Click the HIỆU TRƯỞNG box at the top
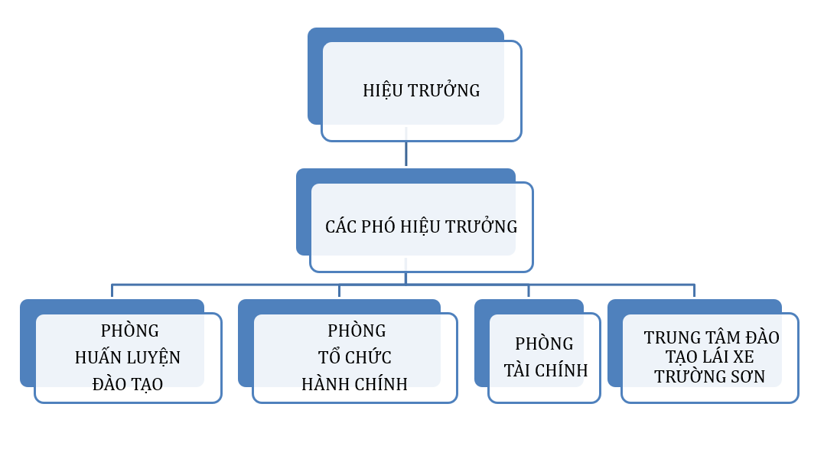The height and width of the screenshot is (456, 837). [x=421, y=90]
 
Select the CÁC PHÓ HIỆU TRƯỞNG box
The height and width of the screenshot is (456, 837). [x=421, y=226]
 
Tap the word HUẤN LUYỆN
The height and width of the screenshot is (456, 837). [x=128, y=357]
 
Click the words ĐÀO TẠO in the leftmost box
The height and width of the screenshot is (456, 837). [x=128, y=384]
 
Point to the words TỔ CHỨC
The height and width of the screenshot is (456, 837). [x=355, y=357]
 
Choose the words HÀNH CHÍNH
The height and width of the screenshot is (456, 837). [x=355, y=384]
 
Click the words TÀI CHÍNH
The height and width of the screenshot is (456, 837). [x=546, y=370]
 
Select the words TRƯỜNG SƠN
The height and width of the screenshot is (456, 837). [x=710, y=376]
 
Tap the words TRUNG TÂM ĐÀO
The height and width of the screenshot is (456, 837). [x=712, y=337]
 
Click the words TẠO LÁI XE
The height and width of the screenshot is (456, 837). [x=710, y=357]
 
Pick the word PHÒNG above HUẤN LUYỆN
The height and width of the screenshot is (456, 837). [x=130, y=331]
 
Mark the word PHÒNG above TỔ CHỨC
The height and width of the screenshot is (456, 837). [x=357, y=331]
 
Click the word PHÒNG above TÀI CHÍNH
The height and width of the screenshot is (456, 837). [x=544, y=344]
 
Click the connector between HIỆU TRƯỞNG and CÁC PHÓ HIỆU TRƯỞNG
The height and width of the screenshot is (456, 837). [x=406, y=153]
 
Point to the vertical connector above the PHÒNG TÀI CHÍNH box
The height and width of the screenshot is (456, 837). [x=528, y=291]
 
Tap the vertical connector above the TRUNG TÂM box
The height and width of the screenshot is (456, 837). [x=694, y=291]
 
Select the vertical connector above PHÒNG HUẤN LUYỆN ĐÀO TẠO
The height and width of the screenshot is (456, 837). [x=112, y=291]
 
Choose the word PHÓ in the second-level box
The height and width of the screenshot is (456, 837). [x=377, y=226]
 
